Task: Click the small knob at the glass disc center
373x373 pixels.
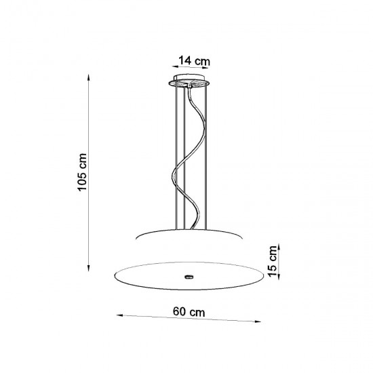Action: pyautogui.click(x=188, y=277)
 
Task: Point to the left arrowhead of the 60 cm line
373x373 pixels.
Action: pyautogui.click(x=117, y=315)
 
